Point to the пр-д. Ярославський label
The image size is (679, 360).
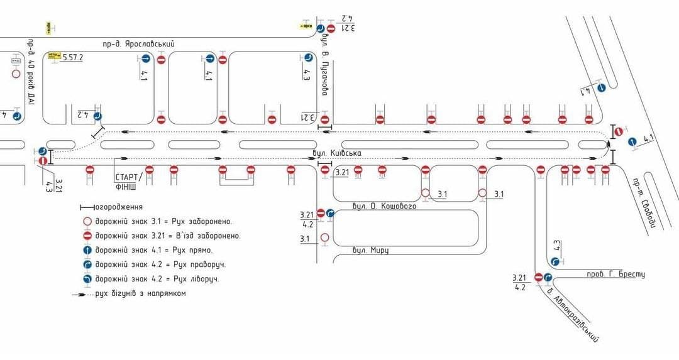138,44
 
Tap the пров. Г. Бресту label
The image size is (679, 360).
616,274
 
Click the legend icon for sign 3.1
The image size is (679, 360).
87,221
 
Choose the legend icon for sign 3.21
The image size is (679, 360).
87,236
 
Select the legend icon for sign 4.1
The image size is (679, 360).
87,250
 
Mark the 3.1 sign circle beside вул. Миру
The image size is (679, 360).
324,237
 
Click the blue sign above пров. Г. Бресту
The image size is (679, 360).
555,261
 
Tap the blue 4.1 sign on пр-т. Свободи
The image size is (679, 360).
633,142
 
